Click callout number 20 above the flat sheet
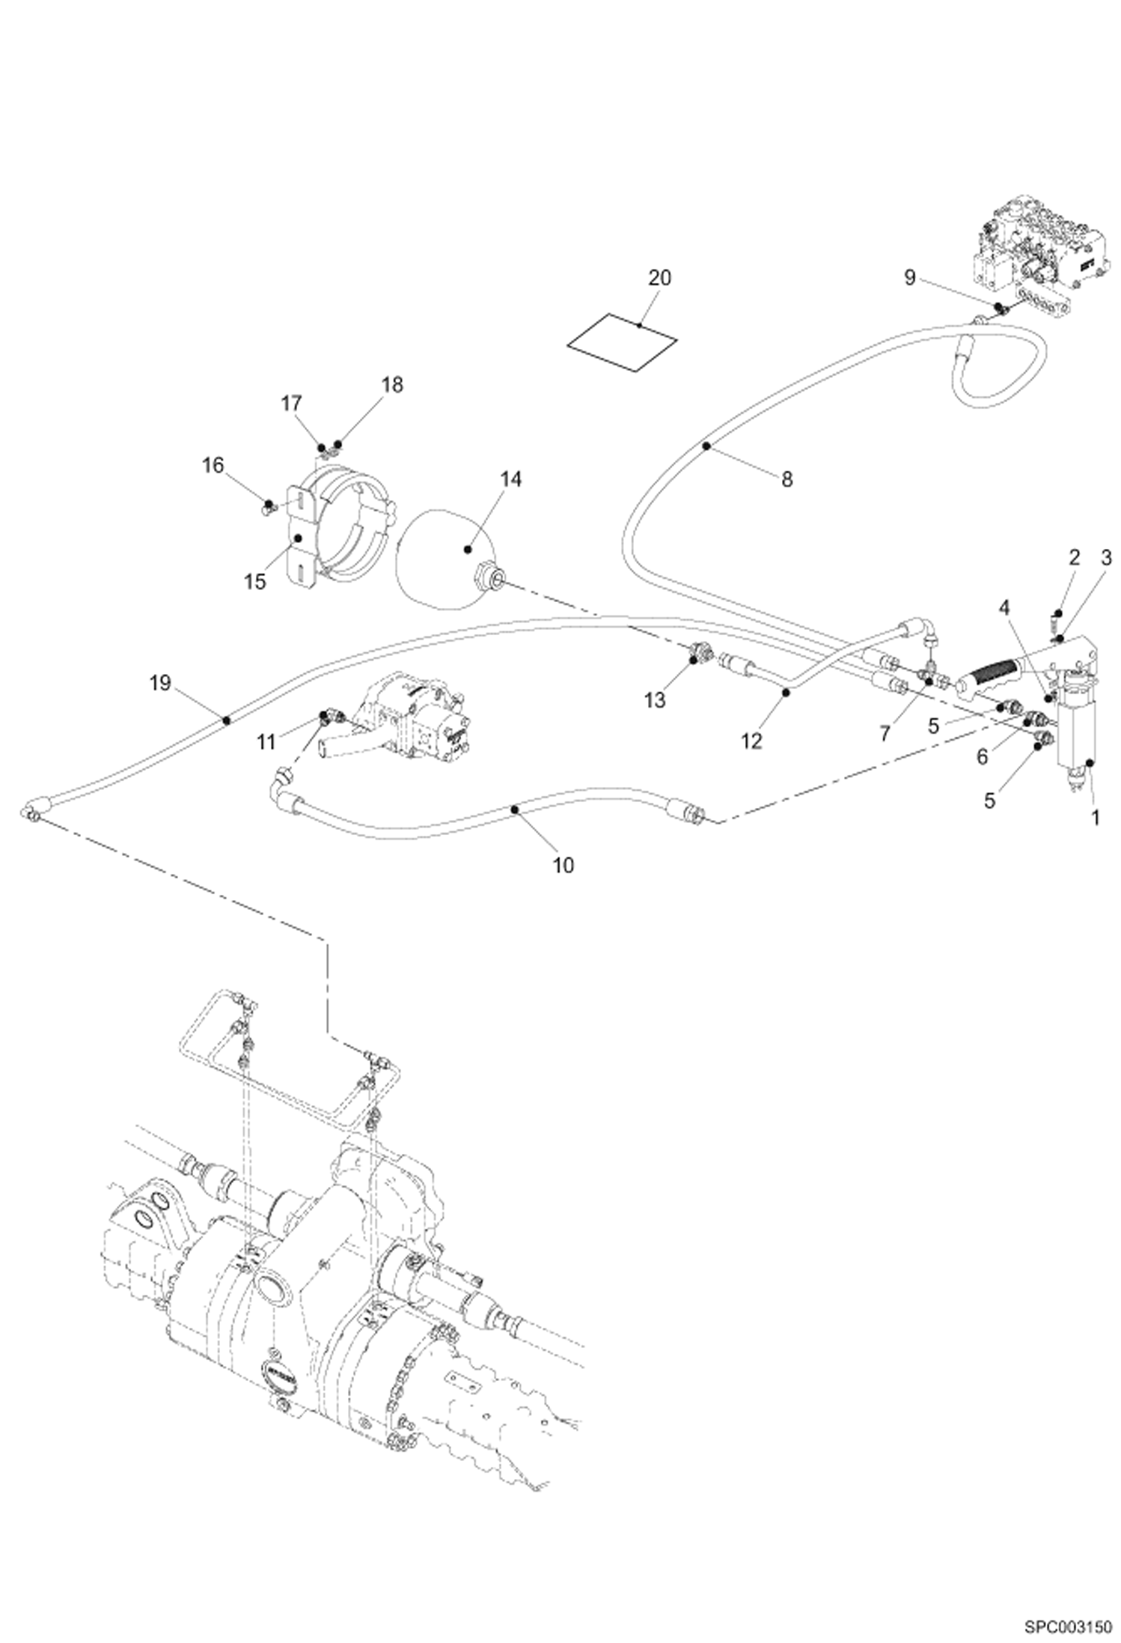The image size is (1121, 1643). (x=659, y=278)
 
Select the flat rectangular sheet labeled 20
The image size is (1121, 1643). (x=621, y=341)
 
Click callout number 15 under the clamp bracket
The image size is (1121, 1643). (x=255, y=581)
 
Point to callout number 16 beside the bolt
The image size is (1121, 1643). (x=213, y=465)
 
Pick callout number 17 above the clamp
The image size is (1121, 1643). (x=291, y=404)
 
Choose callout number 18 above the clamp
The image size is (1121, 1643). (x=392, y=384)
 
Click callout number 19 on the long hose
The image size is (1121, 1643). (x=160, y=682)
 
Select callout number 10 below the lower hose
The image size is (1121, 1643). (x=563, y=865)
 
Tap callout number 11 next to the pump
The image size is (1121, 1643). (x=266, y=742)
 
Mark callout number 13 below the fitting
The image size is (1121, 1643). (x=654, y=700)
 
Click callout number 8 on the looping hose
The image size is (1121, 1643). (x=786, y=479)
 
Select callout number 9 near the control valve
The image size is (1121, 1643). (x=909, y=278)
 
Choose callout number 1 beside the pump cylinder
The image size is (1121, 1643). (x=1095, y=818)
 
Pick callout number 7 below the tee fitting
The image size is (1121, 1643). (x=885, y=734)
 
